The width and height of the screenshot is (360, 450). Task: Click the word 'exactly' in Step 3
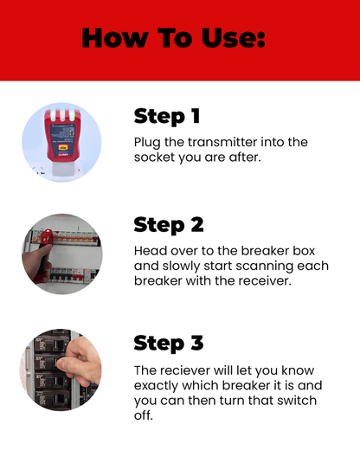pyautogui.click(x=159, y=386)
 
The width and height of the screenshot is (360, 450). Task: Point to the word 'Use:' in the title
pyautogui.click(x=233, y=38)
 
